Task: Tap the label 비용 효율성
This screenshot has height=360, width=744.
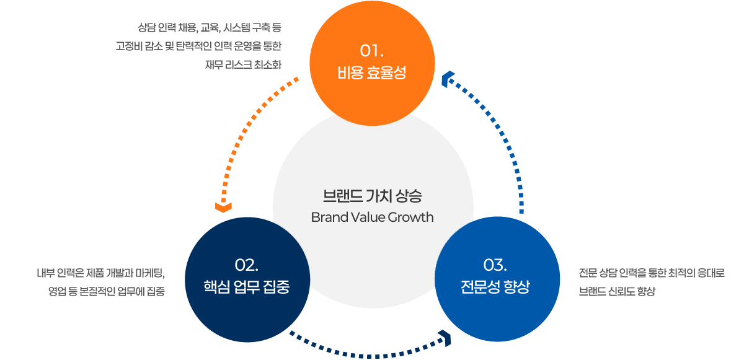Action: point(372,73)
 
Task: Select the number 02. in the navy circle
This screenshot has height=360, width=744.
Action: point(247,265)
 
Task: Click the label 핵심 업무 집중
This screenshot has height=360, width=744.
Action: point(247,288)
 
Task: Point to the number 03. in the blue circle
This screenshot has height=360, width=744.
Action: point(495,265)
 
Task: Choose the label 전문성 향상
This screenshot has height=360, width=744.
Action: point(495,288)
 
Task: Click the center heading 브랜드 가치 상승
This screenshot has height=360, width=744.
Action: point(372,196)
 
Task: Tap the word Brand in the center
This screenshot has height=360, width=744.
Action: point(327,217)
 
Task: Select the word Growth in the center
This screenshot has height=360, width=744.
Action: point(410,217)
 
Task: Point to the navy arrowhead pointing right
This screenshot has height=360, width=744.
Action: point(445,338)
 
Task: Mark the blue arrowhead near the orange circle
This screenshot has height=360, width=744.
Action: point(448,78)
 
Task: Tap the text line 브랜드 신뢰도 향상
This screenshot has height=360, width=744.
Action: point(617,291)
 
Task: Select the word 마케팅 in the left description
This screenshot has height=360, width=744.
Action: point(148,273)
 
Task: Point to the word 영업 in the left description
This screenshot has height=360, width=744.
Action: point(58,291)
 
